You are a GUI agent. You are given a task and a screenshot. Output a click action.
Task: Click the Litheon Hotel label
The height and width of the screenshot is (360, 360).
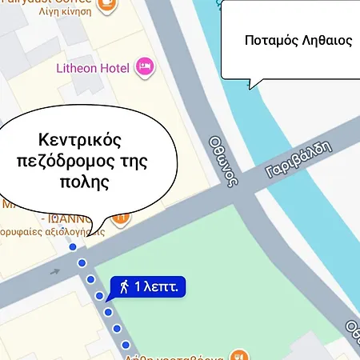pyautogui.click(x=93, y=68)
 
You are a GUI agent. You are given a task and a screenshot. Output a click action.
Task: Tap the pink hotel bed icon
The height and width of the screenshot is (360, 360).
pyautogui.click(x=145, y=66)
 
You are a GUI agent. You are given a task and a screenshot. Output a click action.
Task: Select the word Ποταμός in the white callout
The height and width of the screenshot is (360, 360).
pyautogui.click(x=268, y=40)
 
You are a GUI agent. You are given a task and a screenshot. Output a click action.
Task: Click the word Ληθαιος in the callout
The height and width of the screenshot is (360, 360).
pyautogui.click(x=325, y=40)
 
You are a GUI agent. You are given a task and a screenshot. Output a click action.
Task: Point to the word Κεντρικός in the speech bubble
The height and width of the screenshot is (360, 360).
pyautogui.click(x=80, y=140)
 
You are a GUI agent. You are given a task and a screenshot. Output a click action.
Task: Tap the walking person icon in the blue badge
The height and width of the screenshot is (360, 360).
pyautogui.click(x=126, y=286)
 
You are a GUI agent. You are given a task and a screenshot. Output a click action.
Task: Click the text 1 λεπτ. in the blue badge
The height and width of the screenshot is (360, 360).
pyautogui.click(x=160, y=286)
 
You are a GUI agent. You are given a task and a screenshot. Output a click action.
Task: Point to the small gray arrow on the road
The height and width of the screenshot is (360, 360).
pyautogui.click(x=55, y=271)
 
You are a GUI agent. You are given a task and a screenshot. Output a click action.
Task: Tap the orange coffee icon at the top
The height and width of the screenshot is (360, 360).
pyautogui.click(x=104, y=4)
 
